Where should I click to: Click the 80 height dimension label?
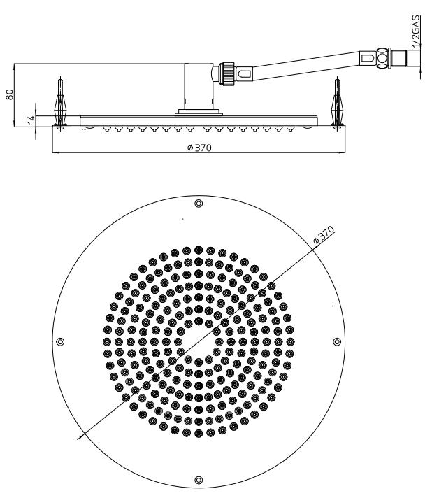(10, 94)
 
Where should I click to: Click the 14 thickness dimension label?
(31, 120)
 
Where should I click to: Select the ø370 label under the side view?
(199, 148)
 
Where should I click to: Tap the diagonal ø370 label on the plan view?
(324, 235)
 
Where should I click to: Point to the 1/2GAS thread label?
(416, 31)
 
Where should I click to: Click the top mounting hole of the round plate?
(199, 204)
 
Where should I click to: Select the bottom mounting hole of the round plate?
(199, 480)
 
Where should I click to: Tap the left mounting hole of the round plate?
(60, 342)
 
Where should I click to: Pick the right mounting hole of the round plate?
(337, 342)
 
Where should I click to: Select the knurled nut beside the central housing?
(228, 73)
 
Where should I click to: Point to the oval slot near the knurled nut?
(245, 74)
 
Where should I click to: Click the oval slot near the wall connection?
(368, 58)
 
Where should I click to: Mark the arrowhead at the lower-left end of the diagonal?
(80, 437)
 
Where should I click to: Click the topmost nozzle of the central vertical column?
(199, 250)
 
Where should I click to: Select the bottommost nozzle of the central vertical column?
(199, 433)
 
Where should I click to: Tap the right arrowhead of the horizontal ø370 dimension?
(342, 152)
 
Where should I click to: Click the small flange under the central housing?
(199, 113)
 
